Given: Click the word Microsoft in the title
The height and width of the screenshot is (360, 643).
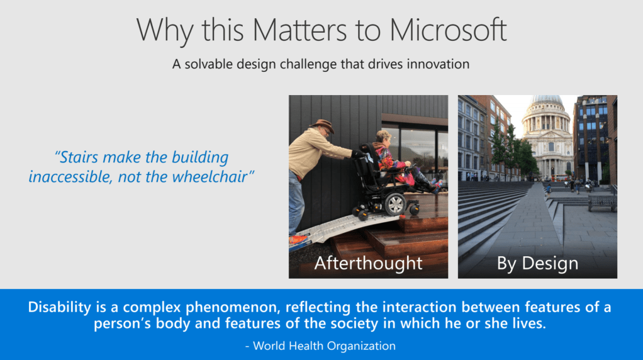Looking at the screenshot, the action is pos(448,30).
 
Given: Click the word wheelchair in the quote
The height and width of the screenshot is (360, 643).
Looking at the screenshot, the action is pos(213,177).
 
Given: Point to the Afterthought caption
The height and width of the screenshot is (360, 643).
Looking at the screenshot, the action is pos(368,263).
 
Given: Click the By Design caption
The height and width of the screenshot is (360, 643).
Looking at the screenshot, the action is pos(537,263).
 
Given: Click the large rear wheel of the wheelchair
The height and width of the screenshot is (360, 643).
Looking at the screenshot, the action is pos(395,204).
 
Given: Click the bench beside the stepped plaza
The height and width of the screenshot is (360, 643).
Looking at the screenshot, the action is pos(602,203).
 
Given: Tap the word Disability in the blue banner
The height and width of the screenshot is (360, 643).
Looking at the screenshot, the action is pos(60,307).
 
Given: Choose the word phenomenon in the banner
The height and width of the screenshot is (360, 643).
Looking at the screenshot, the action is pos(233,308).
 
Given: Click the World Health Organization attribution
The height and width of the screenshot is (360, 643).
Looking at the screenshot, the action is pos(321,346).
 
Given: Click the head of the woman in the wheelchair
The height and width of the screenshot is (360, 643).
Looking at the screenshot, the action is pos(384,138).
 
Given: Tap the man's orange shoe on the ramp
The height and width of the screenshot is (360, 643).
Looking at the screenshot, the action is pos(298,240).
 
